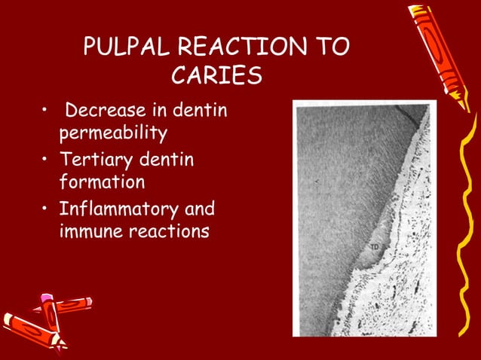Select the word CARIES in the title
pyautogui.click(x=216, y=78)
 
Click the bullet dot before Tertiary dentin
pyautogui.click(x=47, y=160)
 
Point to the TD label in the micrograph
pyautogui.click(x=375, y=247)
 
